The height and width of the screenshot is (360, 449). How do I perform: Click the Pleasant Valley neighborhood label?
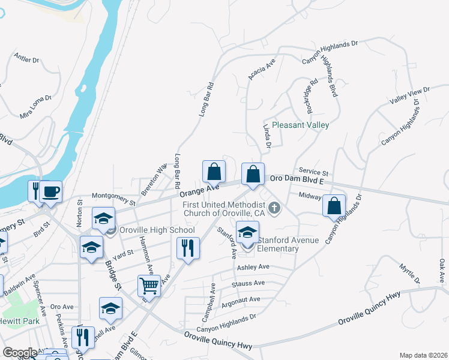point(300,125)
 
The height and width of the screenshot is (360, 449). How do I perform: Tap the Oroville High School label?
point(157,230)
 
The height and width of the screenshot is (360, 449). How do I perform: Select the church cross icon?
point(274,209)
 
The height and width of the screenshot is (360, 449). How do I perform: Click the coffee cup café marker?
point(51,191)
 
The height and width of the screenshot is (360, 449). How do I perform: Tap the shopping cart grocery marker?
point(149,286)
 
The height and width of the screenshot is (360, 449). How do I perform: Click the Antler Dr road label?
point(26,59)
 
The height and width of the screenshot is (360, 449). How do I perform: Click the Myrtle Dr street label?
point(411,273)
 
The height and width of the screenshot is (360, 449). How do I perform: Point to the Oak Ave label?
point(442,271)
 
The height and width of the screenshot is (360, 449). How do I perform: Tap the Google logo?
point(19,352)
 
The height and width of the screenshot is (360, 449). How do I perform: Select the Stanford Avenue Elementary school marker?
point(248,232)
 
